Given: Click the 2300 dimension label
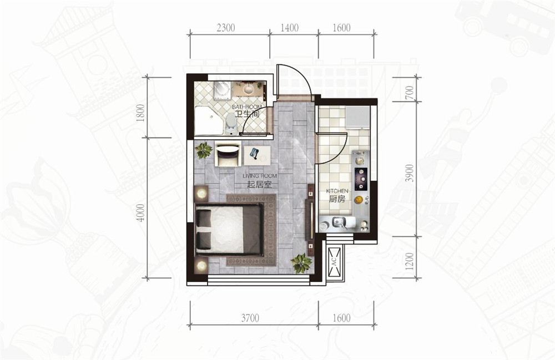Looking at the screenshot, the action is tap(226, 28).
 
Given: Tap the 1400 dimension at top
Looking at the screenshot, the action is tap(290, 28).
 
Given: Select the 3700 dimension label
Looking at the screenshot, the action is tap(250, 318).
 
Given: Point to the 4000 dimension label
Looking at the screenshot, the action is tap(141, 212).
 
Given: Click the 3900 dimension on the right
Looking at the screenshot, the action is tap(410, 173).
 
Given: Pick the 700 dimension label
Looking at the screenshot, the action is tap(410, 93).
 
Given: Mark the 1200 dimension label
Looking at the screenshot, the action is tap(410, 261).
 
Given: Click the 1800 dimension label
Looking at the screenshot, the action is tap(141, 113).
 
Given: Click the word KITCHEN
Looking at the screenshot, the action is tap(337, 191).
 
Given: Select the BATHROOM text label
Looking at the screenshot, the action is tap(247, 107).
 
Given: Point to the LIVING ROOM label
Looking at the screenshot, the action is tap(260, 176).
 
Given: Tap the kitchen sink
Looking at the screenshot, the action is tap(339, 223).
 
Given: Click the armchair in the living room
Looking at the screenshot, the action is tap(227, 154).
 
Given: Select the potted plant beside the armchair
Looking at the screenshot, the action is tap(204, 150).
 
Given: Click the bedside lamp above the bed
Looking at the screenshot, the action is tap(202, 194).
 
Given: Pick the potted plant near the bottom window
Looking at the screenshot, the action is tap(301, 263).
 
